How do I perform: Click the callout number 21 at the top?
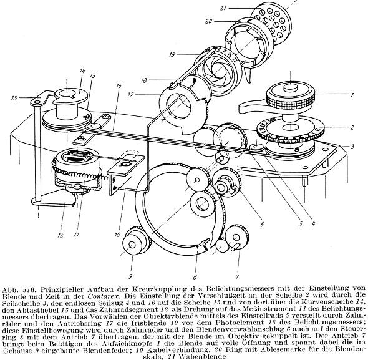click(x=223, y=9)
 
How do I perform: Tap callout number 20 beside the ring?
click(x=208, y=22)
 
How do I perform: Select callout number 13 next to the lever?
click(x=14, y=98)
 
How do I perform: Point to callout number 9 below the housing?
click(x=130, y=276)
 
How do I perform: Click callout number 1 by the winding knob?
click(x=352, y=95)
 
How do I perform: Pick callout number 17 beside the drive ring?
click(x=131, y=94)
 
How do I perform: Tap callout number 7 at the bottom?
click(x=237, y=276)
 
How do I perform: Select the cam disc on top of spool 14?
click(x=69, y=95)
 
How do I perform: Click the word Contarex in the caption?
click(x=104, y=296)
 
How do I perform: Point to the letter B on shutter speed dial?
click(x=317, y=129)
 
